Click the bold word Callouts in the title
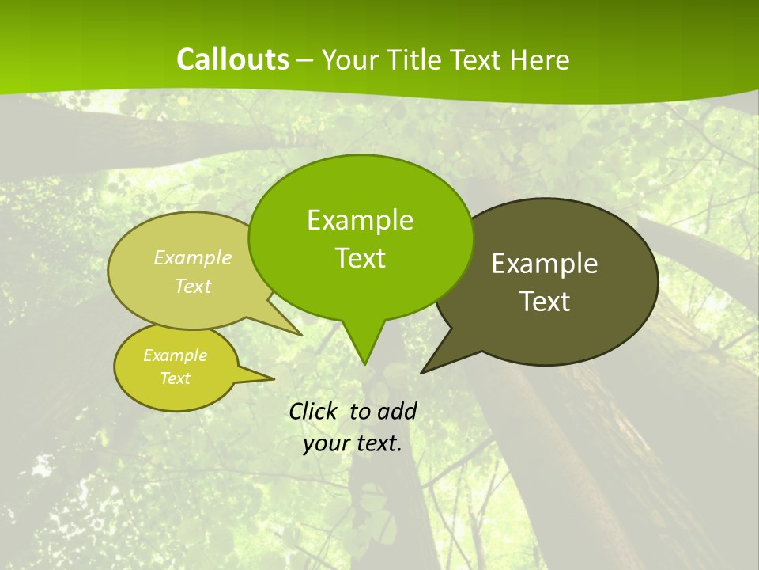232,59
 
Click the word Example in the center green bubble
360,220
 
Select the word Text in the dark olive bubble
545,302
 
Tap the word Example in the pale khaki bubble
192,257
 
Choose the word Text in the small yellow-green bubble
175,378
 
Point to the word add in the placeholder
396,411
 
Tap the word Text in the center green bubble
360,258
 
